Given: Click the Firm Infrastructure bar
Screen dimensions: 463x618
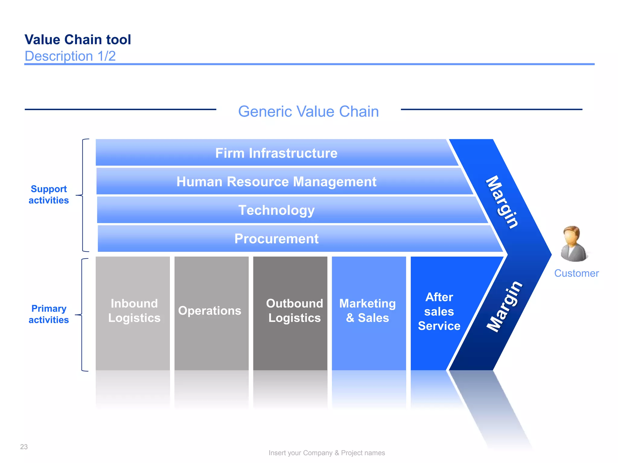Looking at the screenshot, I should [276, 153].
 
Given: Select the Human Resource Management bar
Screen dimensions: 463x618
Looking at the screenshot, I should [276, 181].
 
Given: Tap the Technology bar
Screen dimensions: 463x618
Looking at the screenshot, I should [276, 210].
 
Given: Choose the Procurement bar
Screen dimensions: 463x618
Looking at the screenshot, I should [276, 239].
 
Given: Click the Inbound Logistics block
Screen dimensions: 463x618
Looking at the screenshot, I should [134, 311].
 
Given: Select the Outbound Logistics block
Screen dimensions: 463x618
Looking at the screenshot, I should [294, 311].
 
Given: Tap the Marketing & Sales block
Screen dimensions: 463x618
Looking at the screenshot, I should [368, 311].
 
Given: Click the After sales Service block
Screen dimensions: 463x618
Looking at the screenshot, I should [439, 311].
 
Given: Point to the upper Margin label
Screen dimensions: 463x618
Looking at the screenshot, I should [502, 202].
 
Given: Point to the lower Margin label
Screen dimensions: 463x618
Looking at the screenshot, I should [504, 306].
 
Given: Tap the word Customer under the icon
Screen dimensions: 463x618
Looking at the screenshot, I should [576, 273].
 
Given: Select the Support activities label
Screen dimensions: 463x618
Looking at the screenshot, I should [49, 194].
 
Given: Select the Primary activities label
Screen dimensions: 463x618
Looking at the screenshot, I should [49, 314].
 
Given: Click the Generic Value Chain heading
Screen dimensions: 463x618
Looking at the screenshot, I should [308, 112].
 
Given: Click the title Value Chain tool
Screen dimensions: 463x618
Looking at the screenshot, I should [78, 39].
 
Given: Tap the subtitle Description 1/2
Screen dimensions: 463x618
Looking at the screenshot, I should [70, 56].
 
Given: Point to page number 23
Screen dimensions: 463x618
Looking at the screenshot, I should [24, 447].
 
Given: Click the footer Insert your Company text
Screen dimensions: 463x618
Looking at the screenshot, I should [327, 453].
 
